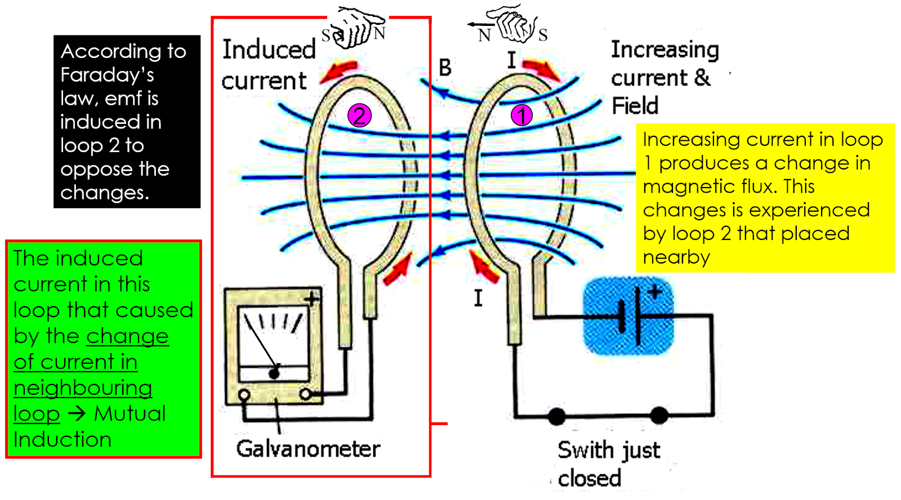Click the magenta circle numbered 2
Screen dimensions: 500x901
(359, 115)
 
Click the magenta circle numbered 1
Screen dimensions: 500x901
(521, 115)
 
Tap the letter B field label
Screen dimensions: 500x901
(445, 68)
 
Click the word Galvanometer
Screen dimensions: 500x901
(308, 449)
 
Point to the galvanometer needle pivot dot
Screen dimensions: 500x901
(274, 373)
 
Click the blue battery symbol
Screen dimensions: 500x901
(628, 316)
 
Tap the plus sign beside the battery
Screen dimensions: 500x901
(655, 292)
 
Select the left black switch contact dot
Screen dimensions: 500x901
(556, 417)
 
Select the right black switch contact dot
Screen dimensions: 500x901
(659, 416)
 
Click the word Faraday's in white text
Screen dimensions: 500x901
(107, 75)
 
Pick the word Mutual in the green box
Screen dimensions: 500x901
(130, 414)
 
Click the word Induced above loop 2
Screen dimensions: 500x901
(269, 50)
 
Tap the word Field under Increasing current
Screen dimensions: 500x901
(635, 106)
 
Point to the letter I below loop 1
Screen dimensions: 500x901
(478, 297)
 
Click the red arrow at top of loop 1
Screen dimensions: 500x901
(541, 69)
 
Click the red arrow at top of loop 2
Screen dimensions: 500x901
(338, 72)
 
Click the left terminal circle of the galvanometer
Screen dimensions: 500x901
(244, 395)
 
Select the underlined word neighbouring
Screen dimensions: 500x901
(83, 388)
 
